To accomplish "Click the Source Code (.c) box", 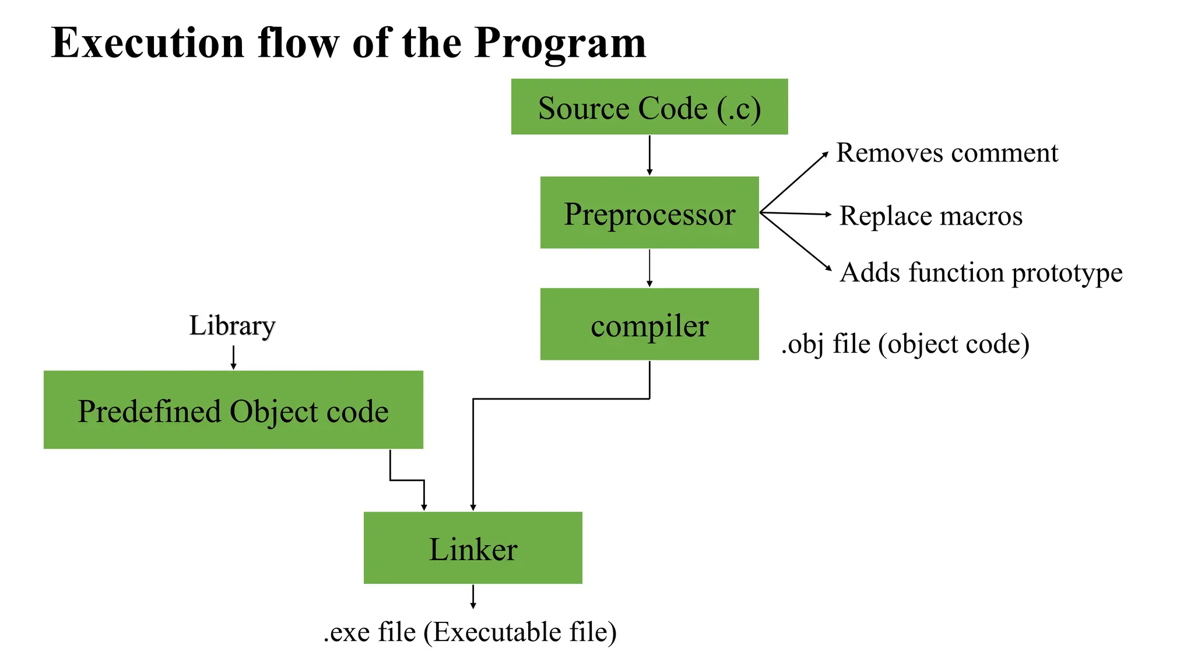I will point(649,107).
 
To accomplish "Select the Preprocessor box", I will point(649,213).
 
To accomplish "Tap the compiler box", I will point(649,324).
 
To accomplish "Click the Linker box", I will point(473,548).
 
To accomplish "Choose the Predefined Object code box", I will point(233,410).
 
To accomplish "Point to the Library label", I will point(232,325).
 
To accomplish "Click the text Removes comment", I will point(946,153).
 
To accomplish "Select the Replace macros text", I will point(930,216).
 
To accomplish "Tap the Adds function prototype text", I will point(981,272).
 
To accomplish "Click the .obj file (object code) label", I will point(905,344).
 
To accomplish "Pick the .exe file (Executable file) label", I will point(470,632).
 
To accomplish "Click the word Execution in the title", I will point(148,43).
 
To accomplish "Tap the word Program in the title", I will point(560,43).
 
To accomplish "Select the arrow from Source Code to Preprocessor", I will point(649,155).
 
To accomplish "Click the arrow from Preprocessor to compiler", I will point(649,268).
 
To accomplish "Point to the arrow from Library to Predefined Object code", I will point(233,357).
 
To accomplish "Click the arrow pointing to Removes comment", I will point(795,182).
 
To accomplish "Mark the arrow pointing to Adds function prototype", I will point(796,242).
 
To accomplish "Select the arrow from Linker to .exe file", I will point(473,596).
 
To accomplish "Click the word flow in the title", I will point(298,43).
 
